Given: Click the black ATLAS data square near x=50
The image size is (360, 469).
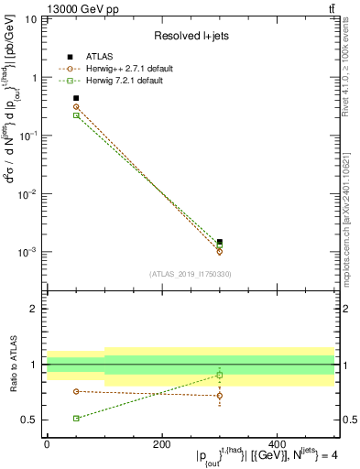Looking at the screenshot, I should coord(76,98).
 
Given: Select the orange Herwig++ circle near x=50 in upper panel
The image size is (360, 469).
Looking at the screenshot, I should coord(76,107).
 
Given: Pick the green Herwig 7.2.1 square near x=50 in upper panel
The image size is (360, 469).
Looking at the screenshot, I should coord(76,115).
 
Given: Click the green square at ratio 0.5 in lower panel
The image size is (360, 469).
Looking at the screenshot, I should coord(76,418).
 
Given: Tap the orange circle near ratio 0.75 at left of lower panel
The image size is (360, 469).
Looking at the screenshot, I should coord(76,391).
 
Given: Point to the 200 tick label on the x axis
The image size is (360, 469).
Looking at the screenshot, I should coord(162,443).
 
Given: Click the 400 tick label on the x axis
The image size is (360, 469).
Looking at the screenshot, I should coord(278,443).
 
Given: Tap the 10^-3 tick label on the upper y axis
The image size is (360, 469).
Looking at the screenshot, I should coord(27,251).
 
